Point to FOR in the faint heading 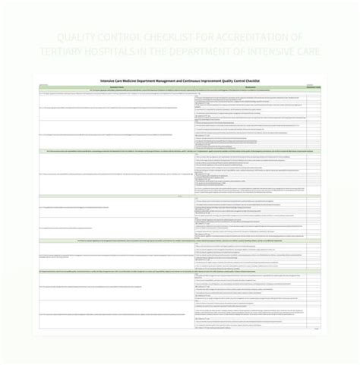point(225,37)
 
